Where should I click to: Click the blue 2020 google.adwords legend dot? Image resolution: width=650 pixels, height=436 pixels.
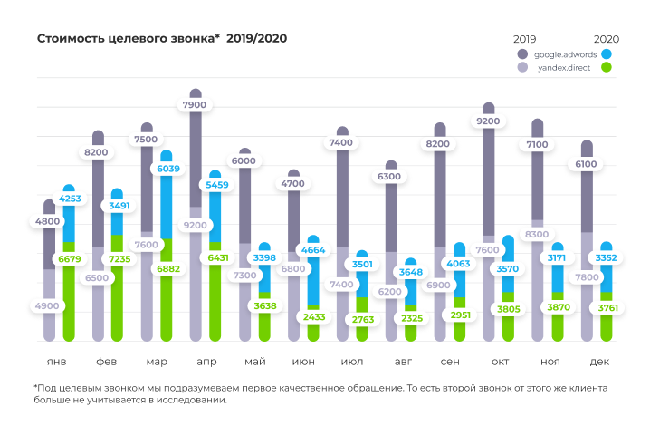tap(606, 53)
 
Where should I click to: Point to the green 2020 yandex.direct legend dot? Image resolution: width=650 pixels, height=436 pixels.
tap(606, 67)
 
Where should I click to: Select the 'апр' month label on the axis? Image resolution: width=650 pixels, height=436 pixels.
tap(206, 362)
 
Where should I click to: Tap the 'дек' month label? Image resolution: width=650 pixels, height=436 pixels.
tap(598, 362)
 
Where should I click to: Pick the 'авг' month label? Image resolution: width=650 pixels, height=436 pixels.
tap(403, 362)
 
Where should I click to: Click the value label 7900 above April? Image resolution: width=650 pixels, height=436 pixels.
tap(195, 105)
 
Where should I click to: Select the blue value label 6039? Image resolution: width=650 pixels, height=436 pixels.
tap(167, 169)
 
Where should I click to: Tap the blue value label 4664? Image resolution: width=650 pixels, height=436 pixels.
tap(314, 250)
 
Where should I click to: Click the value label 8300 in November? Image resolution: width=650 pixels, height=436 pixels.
tap(537, 235)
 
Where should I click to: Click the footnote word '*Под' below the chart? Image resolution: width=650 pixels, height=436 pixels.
tap(43, 388)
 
